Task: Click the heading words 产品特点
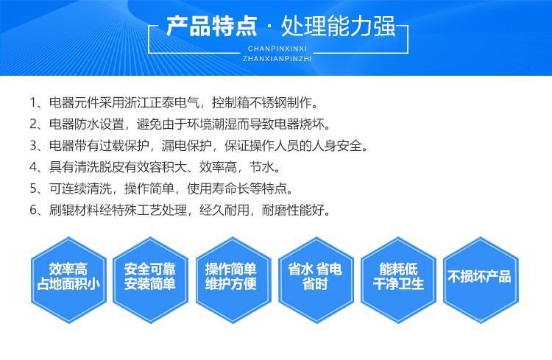tap(211, 27)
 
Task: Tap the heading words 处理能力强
tap(339, 27)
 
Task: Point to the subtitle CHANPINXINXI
tap(277, 49)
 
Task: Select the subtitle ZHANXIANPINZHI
tap(277, 59)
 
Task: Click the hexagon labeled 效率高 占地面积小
tap(68, 280)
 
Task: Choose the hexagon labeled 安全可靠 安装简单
tap(150, 280)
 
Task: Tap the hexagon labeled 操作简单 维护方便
tap(233, 280)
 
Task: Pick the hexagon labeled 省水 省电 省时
tap(316, 280)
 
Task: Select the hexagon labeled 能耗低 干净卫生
tap(398, 280)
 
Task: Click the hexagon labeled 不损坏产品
tap(481, 280)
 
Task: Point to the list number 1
tap(33, 103)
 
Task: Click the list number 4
tap(33, 167)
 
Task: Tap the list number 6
tap(33, 211)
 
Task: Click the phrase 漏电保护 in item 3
tap(187, 146)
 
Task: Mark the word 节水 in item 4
tap(261, 167)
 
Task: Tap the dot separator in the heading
tap(269, 27)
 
